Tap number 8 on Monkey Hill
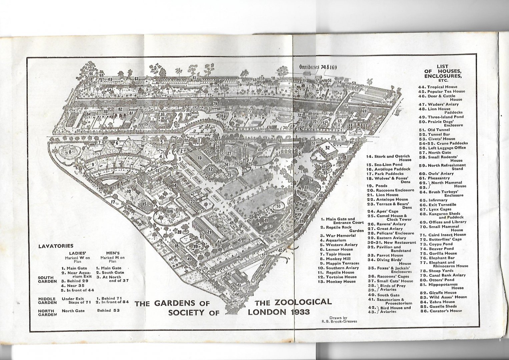point(70,152)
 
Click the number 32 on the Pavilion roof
point(328,148)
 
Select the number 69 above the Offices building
point(364,111)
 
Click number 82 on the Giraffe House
point(120,109)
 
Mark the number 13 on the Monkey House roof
point(199,157)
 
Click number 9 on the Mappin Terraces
point(93,164)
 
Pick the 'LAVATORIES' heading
point(56,246)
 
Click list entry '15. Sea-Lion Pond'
point(384,165)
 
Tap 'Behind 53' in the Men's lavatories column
point(108,310)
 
